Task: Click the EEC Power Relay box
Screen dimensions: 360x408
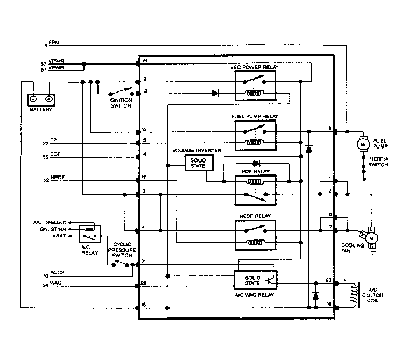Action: [x=255, y=85]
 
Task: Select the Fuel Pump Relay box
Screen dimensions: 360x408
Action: [x=255, y=135]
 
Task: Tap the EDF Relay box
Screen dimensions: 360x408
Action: [x=255, y=190]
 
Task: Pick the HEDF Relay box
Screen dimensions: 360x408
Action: [x=255, y=235]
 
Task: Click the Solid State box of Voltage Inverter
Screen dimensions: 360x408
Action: [x=199, y=162]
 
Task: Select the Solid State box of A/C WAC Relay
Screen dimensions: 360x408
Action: [x=255, y=279]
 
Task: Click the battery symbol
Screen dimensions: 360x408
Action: [x=41, y=99]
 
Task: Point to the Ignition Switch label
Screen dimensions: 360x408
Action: [x=121, y=103]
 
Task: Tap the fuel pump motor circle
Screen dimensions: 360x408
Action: [x=362, y=144]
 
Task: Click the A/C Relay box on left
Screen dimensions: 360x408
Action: [x=88, y=234]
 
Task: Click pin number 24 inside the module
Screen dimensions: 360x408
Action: [x=145, y=61]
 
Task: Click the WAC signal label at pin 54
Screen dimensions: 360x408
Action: [x=55, y=282]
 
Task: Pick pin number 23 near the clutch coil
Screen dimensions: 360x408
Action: [x=328, y=279]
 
